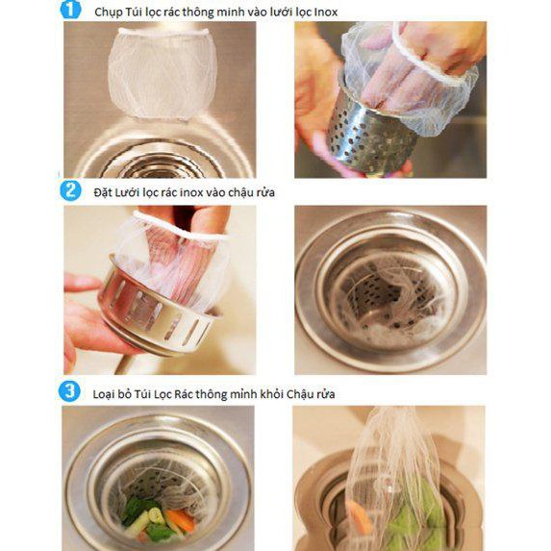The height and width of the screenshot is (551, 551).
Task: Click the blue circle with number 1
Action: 70,10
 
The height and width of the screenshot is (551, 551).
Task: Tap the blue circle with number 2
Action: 70,190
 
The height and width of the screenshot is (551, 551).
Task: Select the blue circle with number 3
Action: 69,391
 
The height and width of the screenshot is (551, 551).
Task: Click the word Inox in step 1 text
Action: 325,13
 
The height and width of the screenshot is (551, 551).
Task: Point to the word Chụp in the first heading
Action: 107,13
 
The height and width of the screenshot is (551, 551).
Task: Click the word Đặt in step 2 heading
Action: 102,192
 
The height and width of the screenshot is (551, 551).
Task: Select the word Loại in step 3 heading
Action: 105,394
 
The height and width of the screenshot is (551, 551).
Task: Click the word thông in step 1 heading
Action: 197,13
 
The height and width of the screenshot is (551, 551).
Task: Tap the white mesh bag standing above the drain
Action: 163,73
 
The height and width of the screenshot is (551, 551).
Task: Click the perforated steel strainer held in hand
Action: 371,136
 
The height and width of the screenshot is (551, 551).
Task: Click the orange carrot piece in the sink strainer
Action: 180,520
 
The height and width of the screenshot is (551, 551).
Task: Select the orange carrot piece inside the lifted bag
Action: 358,516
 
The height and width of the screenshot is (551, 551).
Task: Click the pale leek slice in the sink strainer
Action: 157,515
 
